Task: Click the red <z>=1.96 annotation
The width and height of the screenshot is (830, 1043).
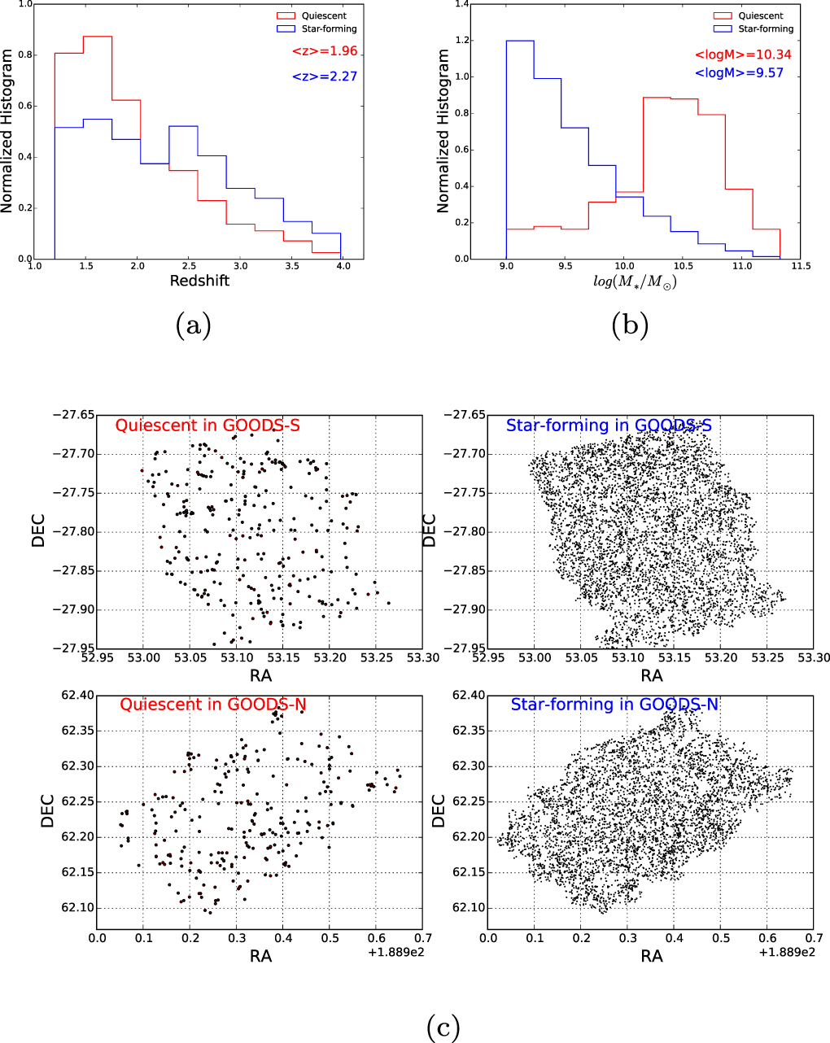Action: tap(325, 51)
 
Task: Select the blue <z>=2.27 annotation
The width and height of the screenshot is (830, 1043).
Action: tap(325, 76)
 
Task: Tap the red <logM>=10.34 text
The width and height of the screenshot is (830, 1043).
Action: tap(742, 55)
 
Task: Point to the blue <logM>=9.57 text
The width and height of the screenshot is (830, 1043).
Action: tap(739, 72)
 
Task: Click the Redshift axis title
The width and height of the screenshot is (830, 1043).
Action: tap(199, 281)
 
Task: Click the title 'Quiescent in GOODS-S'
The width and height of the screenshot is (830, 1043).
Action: tap(207, 425)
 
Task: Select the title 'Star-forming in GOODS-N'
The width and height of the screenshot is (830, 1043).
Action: tap(614, 705)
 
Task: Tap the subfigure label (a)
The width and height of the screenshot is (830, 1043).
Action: tap(193, 325)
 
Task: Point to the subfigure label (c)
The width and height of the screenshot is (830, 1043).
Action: tap(443, 1027)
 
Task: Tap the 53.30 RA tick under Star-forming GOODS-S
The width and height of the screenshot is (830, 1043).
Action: tap(814, 657)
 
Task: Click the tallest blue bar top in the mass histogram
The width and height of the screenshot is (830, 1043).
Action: tap(520, 41)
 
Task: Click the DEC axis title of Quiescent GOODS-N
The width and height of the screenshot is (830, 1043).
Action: tap(47, 811)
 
